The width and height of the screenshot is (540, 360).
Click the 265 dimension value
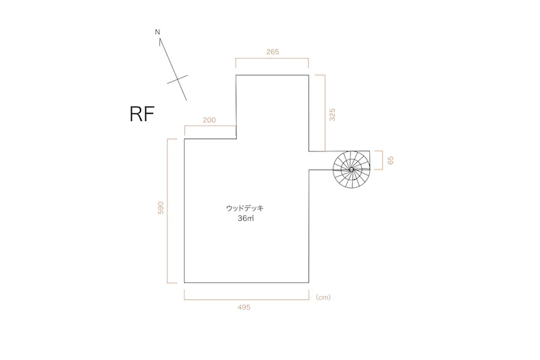click(273, 52)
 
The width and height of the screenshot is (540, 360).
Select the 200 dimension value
click(209, 120)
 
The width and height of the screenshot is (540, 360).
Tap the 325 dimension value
click(332, 115)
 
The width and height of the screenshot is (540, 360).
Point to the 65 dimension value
click(390, 160)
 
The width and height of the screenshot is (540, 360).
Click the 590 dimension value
click(161, 208)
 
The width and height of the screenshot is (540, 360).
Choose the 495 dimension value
click(244, 307)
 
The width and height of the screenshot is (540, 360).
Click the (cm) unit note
click(323, 297)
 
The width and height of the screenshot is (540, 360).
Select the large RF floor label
click(142, 113)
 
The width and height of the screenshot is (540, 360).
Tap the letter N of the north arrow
click(157, 32)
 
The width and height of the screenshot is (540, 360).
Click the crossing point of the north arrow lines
click(178, 79)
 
